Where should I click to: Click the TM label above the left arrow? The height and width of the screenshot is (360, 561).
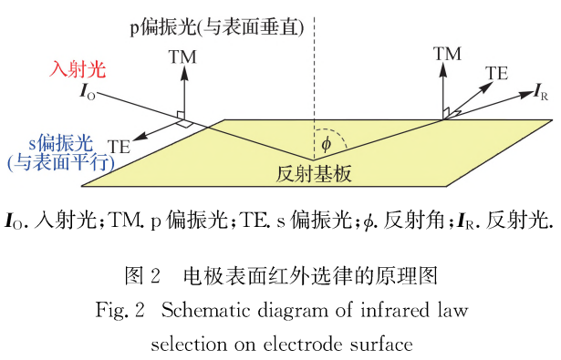(182, 57)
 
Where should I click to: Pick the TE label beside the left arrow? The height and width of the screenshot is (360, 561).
(119, 146)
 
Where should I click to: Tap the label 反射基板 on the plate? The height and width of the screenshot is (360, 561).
(313, 172)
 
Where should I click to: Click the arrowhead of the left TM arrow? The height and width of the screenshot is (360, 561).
(182, 72)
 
